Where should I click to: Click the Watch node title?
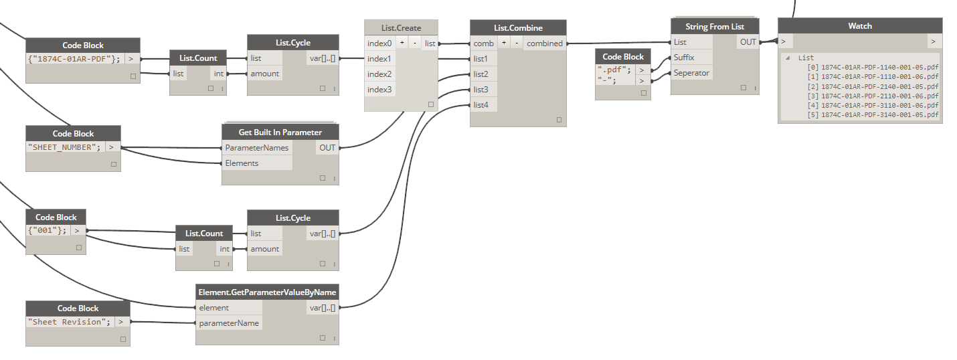point(860,26)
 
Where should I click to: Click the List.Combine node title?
point(518,28)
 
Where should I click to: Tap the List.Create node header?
point(401,27)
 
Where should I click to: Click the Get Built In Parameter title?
point(280,132)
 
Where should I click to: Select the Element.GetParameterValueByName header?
point(267,292)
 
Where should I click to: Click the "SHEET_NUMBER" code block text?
point(66,147)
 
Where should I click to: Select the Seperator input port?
point(691,73)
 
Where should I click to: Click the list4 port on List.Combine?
point(481,105)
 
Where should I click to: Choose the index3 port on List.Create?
point(379,90)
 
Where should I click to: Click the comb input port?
point(483,43)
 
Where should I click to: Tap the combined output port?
point(544,43)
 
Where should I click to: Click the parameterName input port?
point(228,323)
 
